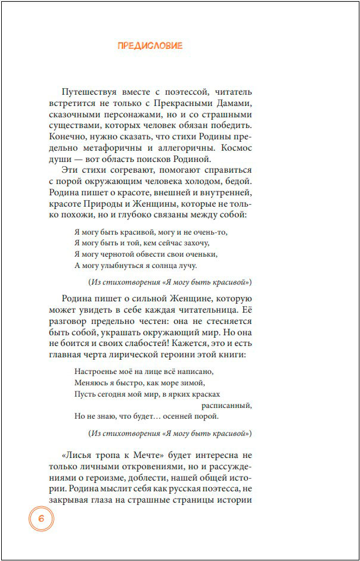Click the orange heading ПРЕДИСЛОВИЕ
(x=150, y=45)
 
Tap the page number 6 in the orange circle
(x=41, y=518)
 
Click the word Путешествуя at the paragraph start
(x=88, y=92)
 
